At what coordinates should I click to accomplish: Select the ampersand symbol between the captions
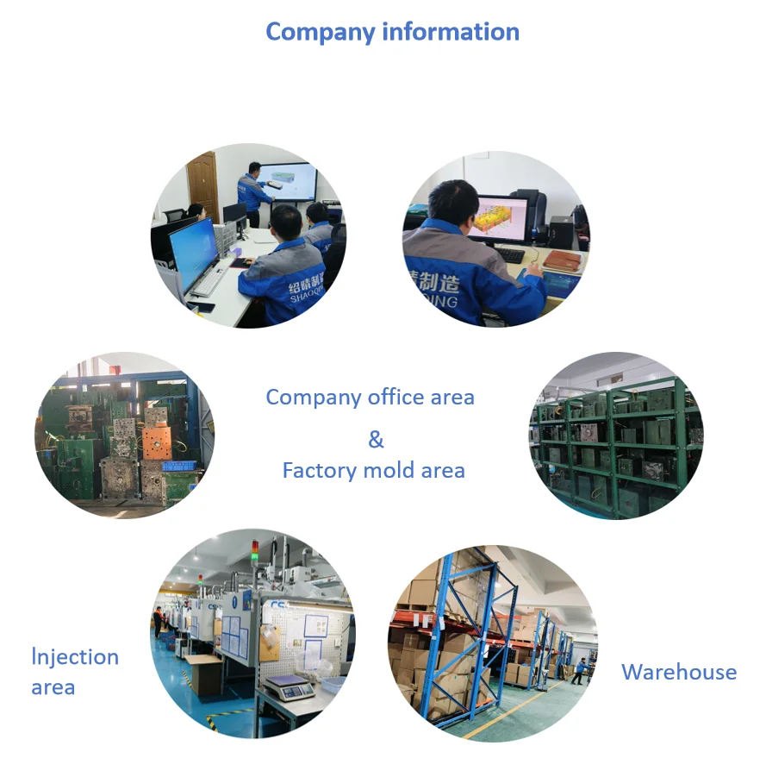click(x=376, y=440)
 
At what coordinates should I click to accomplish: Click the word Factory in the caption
click(x=318, y=471)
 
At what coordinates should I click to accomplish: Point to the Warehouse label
click(x=679, y=673)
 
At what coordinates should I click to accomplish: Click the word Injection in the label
click(x=76, y=657)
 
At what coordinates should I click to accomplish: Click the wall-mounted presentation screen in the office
click(x=287, y=182)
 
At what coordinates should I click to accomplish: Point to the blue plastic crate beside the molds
click(x=179, y=467)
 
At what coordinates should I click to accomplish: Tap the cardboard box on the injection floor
click(x=204, y=674)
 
